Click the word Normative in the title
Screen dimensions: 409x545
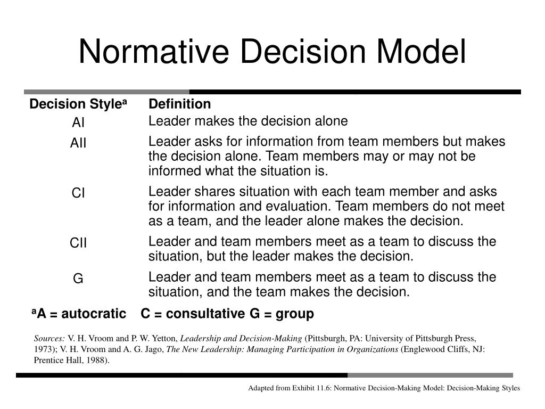point(154,52)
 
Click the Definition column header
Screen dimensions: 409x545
point(179,104)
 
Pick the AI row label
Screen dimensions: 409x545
point(78,123)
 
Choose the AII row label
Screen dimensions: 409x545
point(78,144)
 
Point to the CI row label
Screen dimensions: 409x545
point(78,193)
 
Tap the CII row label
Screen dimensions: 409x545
point(78,243)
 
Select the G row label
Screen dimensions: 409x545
point(78,279)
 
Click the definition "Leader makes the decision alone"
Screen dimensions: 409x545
point(247,121)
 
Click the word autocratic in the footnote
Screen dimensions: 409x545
point(93,314)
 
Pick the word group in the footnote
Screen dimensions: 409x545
point(296,314)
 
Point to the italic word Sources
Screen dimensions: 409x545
point(49,338)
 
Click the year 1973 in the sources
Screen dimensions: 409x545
point(42,349)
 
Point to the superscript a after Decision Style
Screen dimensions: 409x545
point(125,102)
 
